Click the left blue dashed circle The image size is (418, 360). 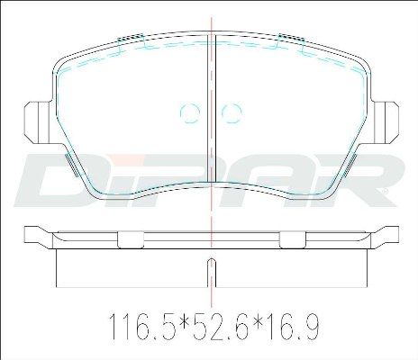pyautogui.click(x=190, y=113)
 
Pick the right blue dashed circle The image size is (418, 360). pyautogui.click(x=232, y=113)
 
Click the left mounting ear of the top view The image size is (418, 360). pyautogui.click(x=38, y=122)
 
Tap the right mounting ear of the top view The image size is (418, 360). pyautogui.click(x=386, y=122)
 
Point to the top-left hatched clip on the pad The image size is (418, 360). pyautogui.click(x=130, y=37)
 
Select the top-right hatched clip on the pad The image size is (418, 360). pyautogui.click(x=292, y=37)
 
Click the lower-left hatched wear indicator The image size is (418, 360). pyautogui.click(x=72, y=164)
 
